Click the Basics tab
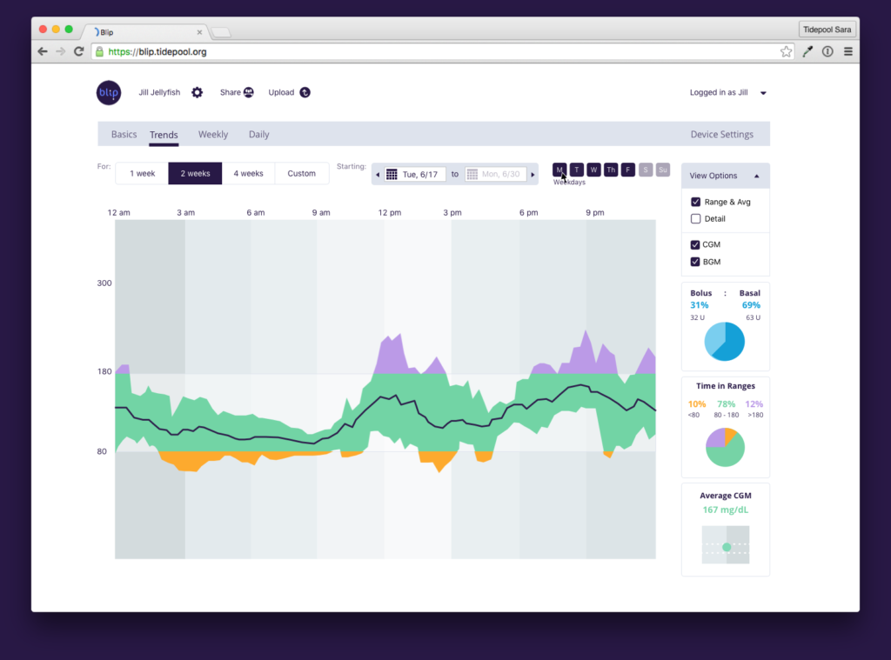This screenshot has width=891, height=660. coord(124,135)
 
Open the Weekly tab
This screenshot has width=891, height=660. coord(212,135)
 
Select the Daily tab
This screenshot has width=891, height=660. coord(258,135)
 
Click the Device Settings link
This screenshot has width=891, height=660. coord(721,135)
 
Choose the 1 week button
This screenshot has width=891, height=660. coord(142,174)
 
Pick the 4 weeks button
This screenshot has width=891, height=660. coord(248,174)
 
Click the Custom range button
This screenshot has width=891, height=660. coord(301,174)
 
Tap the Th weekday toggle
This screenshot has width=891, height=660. coord(611,170)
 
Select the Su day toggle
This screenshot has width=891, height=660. coord(663,170)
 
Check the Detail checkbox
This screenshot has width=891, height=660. coord(696,219)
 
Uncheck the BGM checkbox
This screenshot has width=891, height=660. coord(696,262)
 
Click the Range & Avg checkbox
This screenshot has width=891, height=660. coord(696,202)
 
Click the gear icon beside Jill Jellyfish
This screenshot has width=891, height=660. coord(198,92)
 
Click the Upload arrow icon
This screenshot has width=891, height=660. coord(305,92)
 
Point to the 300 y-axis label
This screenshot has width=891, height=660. coord(104,283)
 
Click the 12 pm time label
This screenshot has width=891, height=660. coord(389,213)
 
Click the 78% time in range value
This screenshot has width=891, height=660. coord(726,404)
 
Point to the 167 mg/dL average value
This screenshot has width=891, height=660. coord(725,510)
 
